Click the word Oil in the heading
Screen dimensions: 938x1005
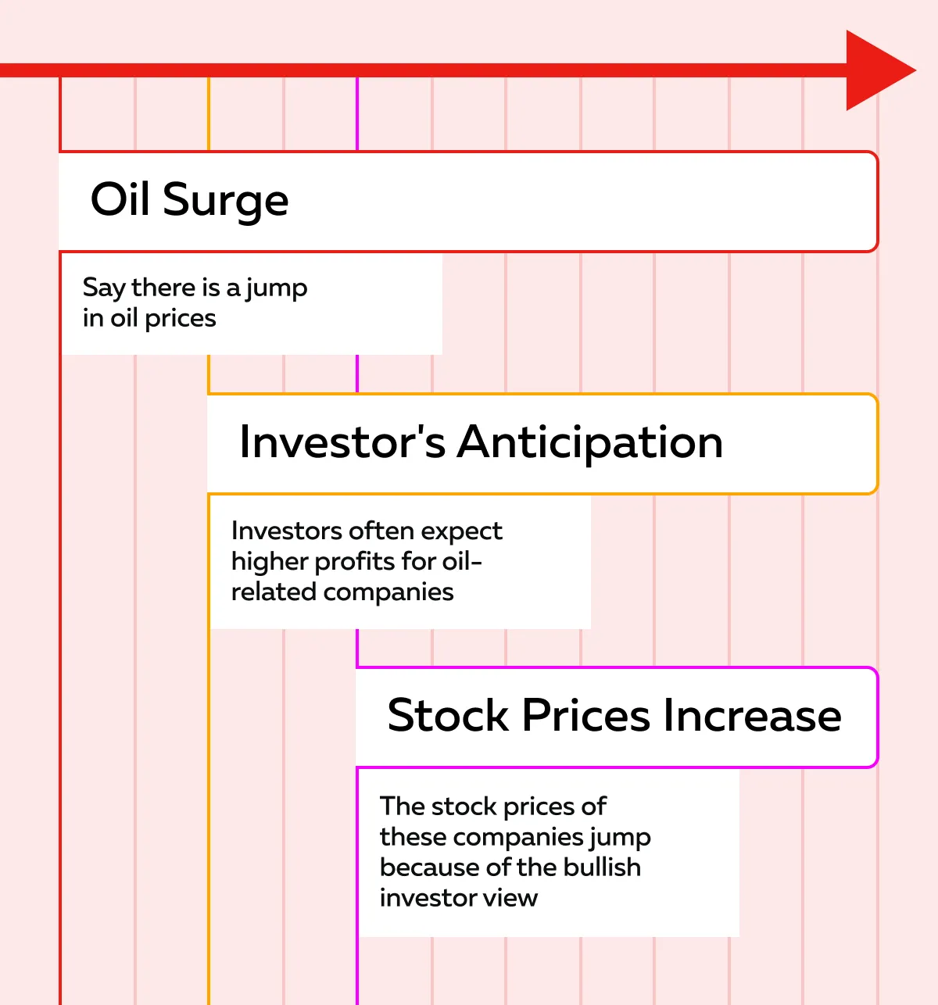[120, 198]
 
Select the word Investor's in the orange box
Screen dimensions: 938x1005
[342, 442]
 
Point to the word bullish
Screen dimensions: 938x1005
[602, 867]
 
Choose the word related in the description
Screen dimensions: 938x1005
[274, 592]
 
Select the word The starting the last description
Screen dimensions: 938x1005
[402, 807]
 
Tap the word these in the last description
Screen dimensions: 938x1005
[413, 836]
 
